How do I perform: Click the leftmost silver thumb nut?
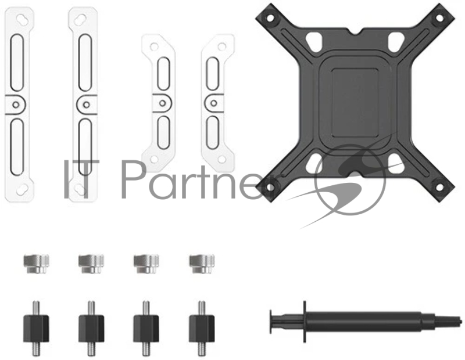click(x=35, y=263)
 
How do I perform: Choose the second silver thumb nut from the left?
click(x=91, y=263)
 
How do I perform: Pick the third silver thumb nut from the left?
click(x=146, y=263)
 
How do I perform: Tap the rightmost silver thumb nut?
click(x=201, y=263)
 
